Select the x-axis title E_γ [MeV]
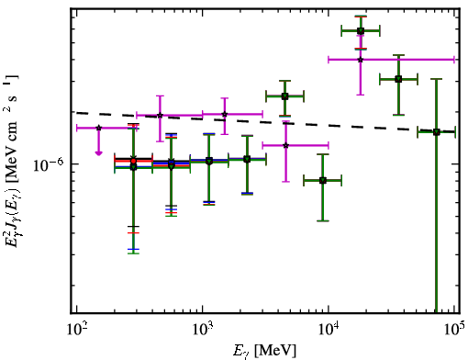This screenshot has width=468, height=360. click(264, 351)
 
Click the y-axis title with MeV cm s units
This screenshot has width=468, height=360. click(12, 161)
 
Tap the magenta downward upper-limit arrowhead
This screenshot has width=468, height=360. click(98, 152)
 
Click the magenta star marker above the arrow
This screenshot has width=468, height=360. click(98, 128)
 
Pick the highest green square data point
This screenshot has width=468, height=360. click(361, 30)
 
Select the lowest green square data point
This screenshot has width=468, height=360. click(323, 180)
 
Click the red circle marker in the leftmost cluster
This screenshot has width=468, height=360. click(133, 161)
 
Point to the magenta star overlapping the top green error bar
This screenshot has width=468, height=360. click(361, 60)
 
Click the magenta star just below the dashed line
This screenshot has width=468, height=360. click(285, 145)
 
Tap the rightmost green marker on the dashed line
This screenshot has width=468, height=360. click(437, 132)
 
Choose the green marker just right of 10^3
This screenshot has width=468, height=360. click(209, 161)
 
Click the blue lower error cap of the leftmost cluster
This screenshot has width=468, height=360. click(133, 249)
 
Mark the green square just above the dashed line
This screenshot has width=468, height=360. click(284, 96)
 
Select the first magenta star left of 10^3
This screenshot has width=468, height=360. click(160, 116)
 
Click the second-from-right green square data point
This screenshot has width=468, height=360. click(398, 79)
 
